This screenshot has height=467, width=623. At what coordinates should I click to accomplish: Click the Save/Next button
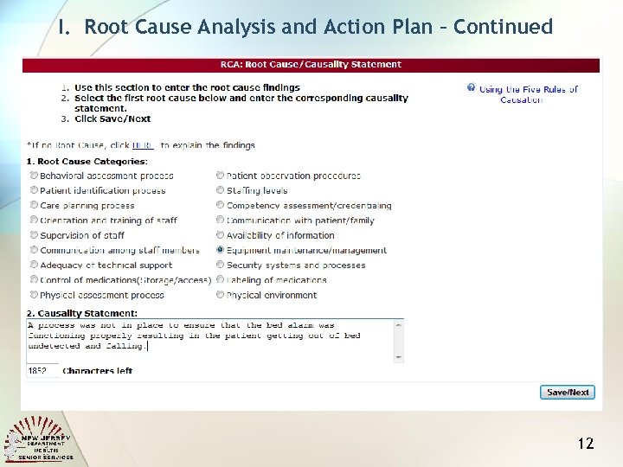567,392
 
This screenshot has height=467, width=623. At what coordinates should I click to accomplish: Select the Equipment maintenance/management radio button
220,250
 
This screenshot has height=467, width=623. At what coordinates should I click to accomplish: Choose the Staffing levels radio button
220,190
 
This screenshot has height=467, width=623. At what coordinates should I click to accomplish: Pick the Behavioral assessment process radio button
33,176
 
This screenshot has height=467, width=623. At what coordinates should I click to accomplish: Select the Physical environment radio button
220,295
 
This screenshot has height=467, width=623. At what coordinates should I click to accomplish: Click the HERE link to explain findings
143,146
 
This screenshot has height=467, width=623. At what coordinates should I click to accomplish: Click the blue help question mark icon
472,88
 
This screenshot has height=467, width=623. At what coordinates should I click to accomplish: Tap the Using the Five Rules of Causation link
527,94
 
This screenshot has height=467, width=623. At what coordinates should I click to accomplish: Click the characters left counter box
42,370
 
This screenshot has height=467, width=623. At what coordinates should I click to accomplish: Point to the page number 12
586,444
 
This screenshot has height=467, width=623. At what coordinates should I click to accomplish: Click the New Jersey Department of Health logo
40,438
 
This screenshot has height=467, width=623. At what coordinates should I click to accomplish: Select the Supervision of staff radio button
33,235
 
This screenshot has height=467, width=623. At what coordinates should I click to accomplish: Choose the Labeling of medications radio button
220,279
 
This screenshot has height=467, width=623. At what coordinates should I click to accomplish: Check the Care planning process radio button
33,206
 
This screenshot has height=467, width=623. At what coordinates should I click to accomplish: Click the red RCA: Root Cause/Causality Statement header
311,65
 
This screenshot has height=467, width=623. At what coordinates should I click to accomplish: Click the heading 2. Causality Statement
82,312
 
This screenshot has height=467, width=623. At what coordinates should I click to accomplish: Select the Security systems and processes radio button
220,265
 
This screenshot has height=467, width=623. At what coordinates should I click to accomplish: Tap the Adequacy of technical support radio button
33,265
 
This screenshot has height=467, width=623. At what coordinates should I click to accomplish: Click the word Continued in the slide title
503,27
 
